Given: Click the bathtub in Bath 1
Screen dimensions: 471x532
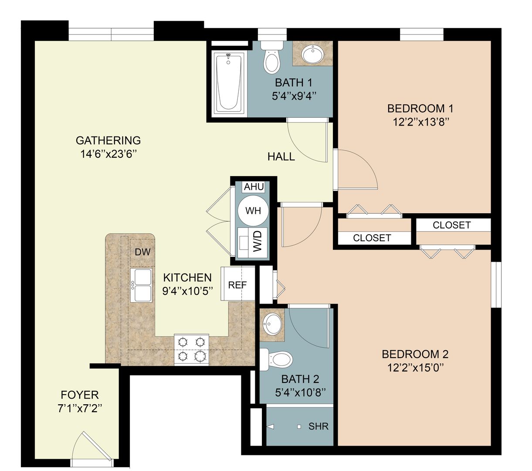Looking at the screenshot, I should (x=229, y=82).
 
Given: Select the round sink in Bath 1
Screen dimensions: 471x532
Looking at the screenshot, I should (x=312, y=54).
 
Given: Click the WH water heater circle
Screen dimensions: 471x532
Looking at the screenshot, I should (x=253, y=211).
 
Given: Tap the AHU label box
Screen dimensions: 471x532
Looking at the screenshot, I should (x=254, y=187).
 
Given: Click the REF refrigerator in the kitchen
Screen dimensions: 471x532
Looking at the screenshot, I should (x=237, y=285).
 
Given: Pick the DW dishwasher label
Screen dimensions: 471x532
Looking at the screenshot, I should (x=142, y=252).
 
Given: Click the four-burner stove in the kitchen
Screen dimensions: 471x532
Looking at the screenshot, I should (x=192, y=349).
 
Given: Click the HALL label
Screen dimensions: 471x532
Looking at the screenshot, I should (x=281, y=157).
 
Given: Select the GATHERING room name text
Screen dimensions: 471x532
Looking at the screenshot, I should (x=108, y=140).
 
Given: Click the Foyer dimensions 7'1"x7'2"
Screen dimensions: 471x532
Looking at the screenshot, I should (x=79, y=409).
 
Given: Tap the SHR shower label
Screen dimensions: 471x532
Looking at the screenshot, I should (x=318, y=426).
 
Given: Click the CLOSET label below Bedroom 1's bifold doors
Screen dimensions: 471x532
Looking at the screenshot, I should (x=372, y=238).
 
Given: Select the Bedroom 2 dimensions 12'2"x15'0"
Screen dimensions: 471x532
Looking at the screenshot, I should (x=415, y=368).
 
